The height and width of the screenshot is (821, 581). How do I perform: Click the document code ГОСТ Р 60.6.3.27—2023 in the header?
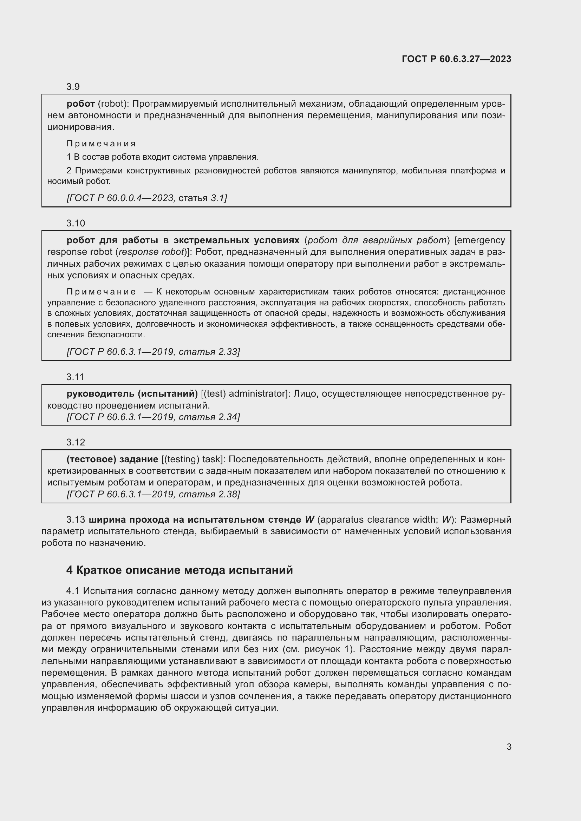[457, 59]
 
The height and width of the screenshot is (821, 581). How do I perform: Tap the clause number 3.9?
[73, 87]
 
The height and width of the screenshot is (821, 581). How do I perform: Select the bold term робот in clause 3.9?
[80, 104]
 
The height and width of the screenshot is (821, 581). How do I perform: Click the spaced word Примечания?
[101, 144]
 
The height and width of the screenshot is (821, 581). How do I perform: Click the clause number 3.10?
[76, 223]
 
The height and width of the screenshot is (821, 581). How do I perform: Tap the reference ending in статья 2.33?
[153, 351]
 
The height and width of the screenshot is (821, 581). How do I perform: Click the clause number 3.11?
[75, 377]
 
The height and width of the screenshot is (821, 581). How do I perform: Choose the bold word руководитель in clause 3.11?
[100, 394]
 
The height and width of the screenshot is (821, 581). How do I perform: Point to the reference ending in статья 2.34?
[153, 417]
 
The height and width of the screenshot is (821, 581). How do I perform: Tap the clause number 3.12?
[76, 442]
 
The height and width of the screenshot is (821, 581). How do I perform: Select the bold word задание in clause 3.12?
[138, 459]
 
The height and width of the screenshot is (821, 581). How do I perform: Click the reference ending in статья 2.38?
[153, 494]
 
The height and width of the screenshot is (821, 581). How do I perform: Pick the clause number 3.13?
[76, 519]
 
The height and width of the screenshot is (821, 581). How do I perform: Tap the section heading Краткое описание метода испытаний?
[184, 570]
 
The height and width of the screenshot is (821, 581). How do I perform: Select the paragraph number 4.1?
[73, 591]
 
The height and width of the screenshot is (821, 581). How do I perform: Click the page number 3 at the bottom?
[509, 747]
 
